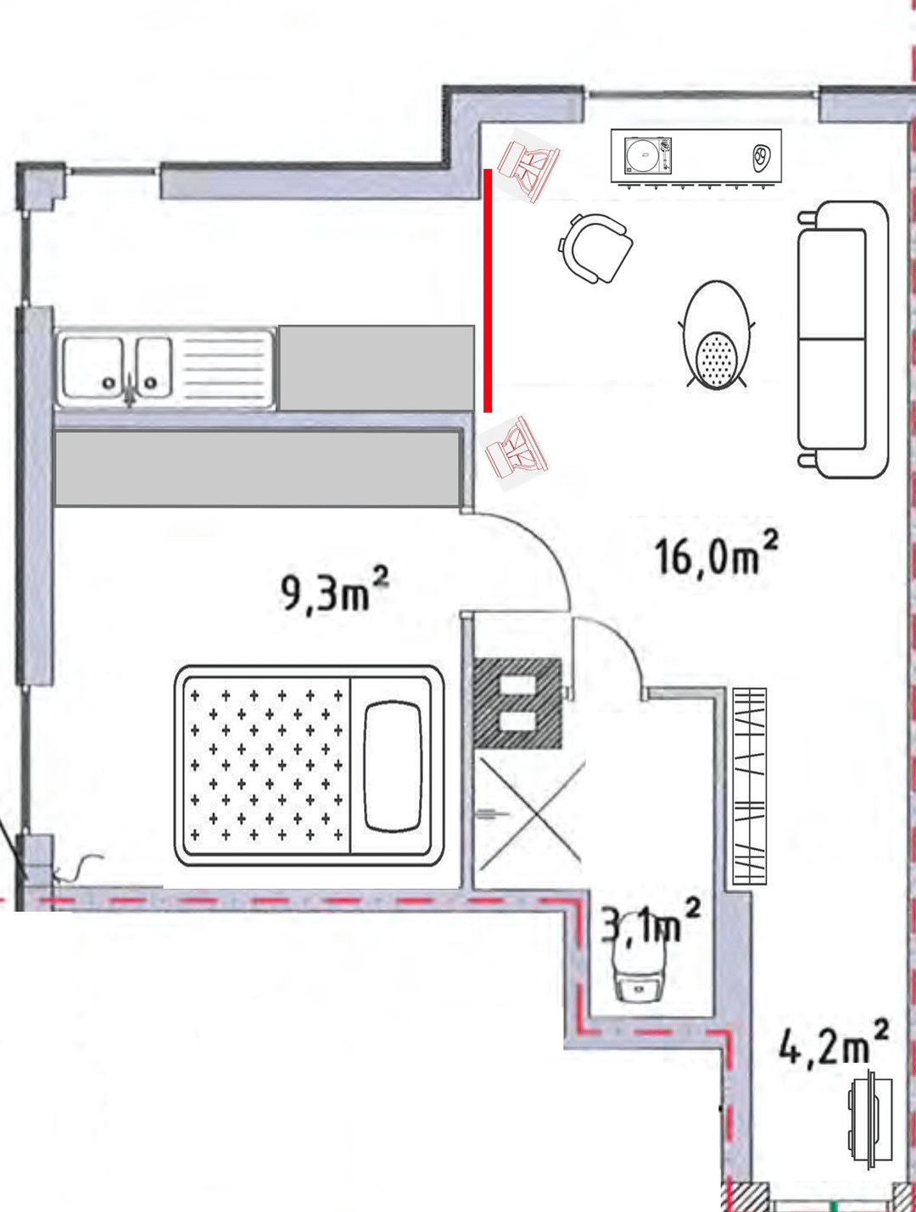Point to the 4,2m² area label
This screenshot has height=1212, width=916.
click(x=834, y=1042)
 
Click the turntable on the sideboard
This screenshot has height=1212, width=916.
click(x=648, y=154)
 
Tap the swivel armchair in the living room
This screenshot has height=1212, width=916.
click(x=596, y=249)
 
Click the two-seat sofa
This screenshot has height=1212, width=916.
click(x=843, y=339)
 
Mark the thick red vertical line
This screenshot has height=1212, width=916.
click(x=488, y=290)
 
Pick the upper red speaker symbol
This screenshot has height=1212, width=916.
click(x=528, y=166)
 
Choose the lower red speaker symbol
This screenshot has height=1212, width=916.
click(x=514, y=453)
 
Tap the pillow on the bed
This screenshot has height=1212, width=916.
click(x=393, y=766)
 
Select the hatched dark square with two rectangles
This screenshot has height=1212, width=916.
click(x=518, y=703)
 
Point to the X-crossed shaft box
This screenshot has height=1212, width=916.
click(x=530, y=811)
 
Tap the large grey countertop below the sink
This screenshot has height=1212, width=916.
click(x=257, y=468)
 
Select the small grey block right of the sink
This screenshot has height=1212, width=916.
click(x=377, y=368)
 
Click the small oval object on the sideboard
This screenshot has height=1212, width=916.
click(x=762, y=155)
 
